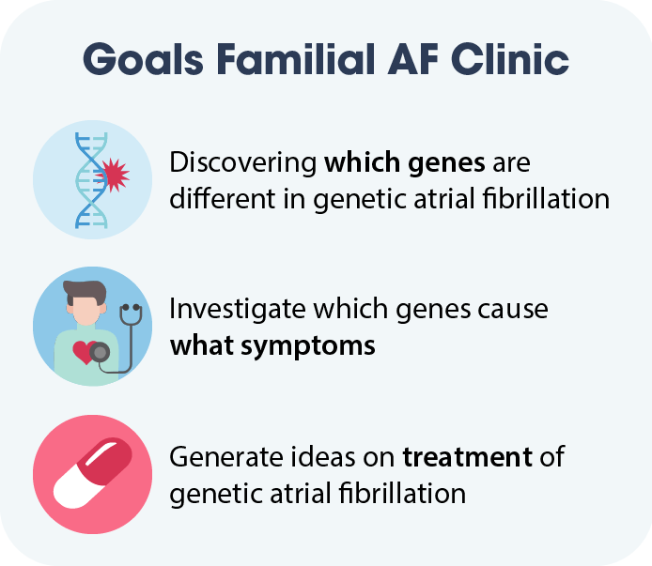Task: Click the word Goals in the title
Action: tap(143, 59)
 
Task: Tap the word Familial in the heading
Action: tap(296, 58)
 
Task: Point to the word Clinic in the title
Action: tap(510, 58)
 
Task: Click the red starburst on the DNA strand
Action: tap(113, 175)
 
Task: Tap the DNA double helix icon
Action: tap(91, 180)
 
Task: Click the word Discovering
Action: tap(243, 162)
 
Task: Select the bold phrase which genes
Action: tap(405, 162)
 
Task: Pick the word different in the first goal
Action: tap(223, 198)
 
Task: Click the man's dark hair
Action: tap(85, 290)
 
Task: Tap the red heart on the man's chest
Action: tap(85, 352)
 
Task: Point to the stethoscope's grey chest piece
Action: tap(100, 353)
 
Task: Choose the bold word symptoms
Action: tap(308, 346)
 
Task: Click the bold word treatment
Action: tap(467, 457)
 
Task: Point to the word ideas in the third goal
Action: tap(322, 457)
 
